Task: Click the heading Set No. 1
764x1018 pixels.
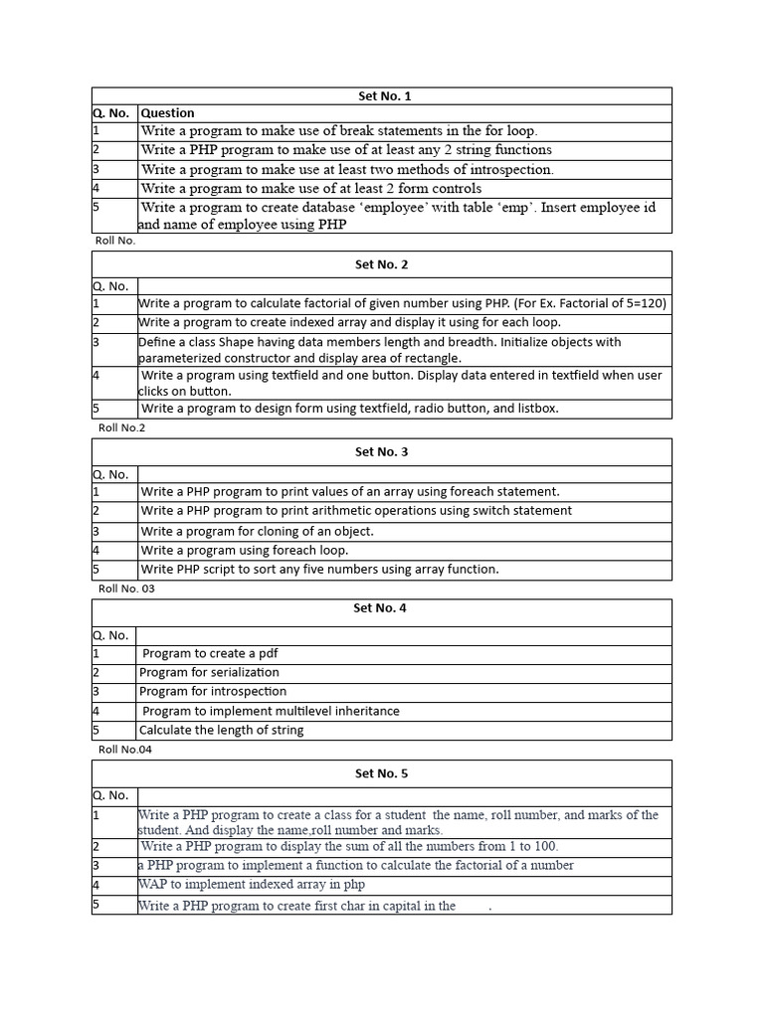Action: tap(383, 96)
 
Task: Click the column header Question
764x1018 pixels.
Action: tap(168, 113)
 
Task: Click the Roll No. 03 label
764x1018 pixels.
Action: tap(126, 589)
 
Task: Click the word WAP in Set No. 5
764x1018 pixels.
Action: tap(154, 885)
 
